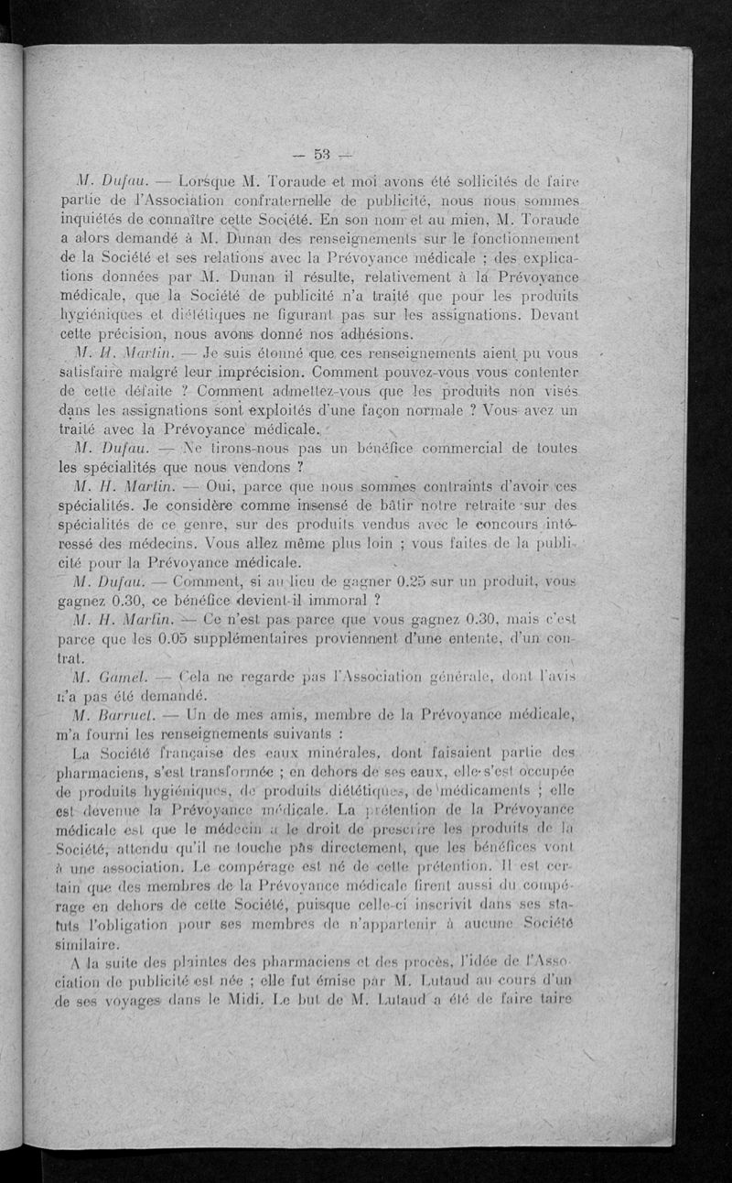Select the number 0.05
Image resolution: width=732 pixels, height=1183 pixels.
click(x=190, y=638)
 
